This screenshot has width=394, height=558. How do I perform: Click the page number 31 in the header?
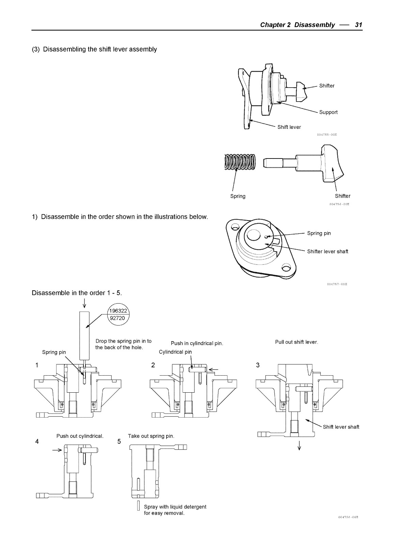(358, 25)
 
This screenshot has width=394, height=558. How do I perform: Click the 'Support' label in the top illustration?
(328, 112)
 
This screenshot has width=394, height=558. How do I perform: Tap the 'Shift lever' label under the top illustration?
(289, 127)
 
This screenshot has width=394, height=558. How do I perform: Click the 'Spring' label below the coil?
(238, 196)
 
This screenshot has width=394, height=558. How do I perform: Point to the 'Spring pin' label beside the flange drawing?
(319, 233)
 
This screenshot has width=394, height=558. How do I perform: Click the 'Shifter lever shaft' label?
(328, 252)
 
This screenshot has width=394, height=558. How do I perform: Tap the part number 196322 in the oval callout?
(117, 311)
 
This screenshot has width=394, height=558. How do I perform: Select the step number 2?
(153, 365)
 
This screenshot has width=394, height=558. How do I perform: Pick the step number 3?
(257, 365)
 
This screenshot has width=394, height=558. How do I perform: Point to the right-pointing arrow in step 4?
(57, 450)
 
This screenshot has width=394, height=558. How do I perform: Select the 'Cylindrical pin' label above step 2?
(175, 352)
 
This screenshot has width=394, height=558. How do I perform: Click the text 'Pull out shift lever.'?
(296, 342)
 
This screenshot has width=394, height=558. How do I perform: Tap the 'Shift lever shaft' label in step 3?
(341, 427)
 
